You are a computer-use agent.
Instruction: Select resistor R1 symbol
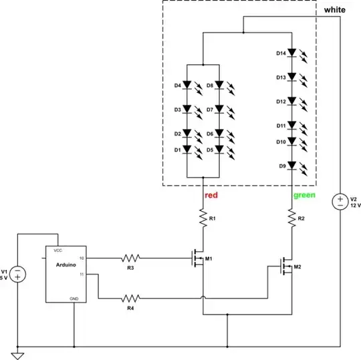click(x=201, y=217)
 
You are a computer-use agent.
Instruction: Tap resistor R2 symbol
click(x=291, y=218)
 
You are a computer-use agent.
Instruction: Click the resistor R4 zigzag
click(x=130, y=298)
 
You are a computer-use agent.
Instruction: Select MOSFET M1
click(x=198, y=257)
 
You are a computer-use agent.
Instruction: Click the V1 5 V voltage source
click(x=18, y=274)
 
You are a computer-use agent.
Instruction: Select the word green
click(x=305, y=196)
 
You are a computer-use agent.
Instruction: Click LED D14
click(x=292, y=53)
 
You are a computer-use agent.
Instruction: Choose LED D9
click(x=292, y=166)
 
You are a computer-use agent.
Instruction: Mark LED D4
click(x=188, y=85)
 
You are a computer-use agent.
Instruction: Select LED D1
click(x=188, y=150)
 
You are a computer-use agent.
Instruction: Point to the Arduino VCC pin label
click(x=58, y=249)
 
